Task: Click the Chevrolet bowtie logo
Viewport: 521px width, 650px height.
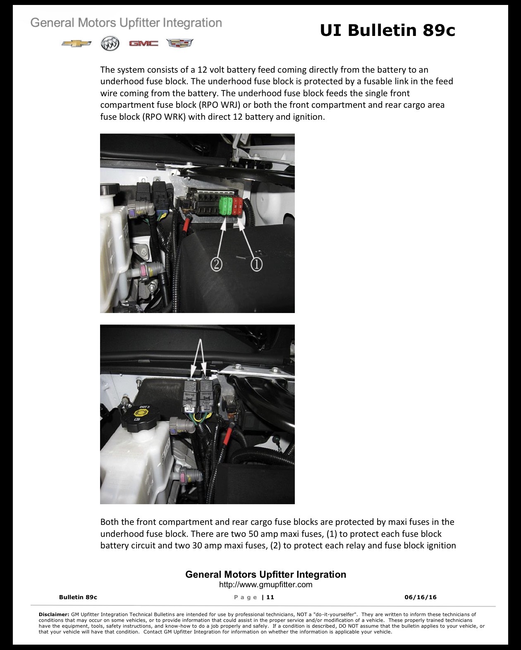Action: tap(76, 43)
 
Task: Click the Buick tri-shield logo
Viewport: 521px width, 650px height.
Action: tap(110, 43)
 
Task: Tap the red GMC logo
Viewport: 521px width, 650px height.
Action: tap(143, 43)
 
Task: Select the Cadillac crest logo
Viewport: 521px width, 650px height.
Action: tap(180, 43)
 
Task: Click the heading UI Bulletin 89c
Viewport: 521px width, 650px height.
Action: tap(387, 30)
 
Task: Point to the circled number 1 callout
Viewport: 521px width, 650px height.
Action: tap(256, 265)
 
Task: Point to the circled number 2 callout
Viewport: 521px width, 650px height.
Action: tap(216, 265)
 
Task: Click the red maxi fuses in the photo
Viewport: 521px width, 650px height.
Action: tap(237, 206)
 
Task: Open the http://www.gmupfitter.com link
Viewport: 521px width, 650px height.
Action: tap(265, 584)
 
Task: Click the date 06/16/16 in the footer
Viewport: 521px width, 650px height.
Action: tap(421, 597)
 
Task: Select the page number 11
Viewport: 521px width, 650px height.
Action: tap(270, 597)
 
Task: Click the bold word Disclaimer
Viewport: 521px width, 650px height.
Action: tap(54, 614)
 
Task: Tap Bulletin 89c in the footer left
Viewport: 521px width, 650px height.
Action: tap(78, 597)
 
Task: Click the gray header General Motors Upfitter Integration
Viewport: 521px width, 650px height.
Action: tap(126, 23)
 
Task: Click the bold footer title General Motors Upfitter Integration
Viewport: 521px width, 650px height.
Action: tap(265, 574)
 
